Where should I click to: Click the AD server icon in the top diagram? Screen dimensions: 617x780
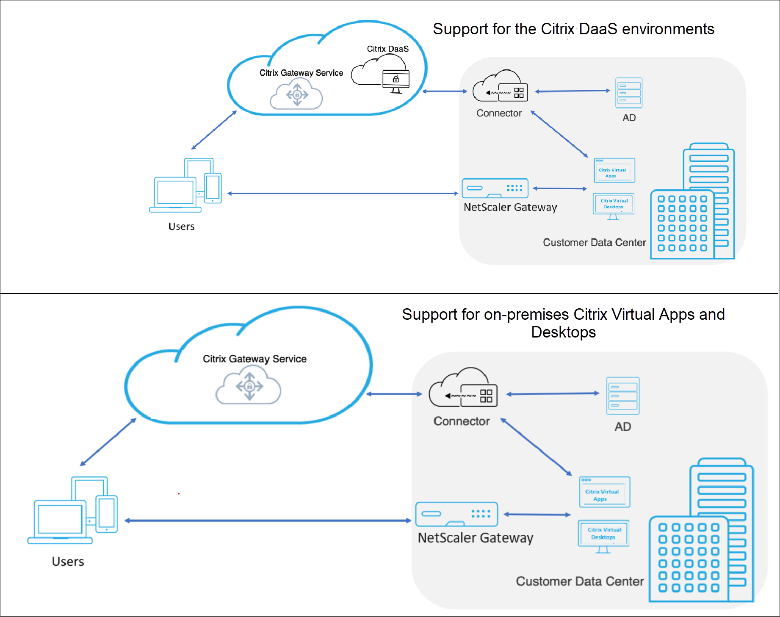click(x=629, y=93)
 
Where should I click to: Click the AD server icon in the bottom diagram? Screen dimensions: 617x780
click(x=622, y=396)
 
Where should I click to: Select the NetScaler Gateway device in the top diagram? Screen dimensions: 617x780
click(x=495, y=188)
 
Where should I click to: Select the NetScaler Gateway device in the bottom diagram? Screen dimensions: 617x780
click(x=456, y=514)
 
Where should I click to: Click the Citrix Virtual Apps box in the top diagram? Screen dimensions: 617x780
click(x=614, y=170)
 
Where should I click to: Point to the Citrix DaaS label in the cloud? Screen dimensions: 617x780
click(x=387, y=49)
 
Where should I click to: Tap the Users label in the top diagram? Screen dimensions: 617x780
click(x=181, y=227)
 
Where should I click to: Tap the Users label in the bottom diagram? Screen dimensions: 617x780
click(x=68, y=562)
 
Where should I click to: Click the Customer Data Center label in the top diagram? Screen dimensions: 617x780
click(x=594, y=243)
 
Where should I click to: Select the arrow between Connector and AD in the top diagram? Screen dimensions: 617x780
click(x=573, y=91)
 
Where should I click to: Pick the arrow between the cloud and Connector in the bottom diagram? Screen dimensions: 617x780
click(x=394, y=394)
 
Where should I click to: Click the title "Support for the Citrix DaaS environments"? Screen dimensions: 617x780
click(x=573, y=29)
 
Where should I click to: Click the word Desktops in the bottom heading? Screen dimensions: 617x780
click(x=563, y=332)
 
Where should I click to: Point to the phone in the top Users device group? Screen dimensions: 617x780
click(x=213, y=188)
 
